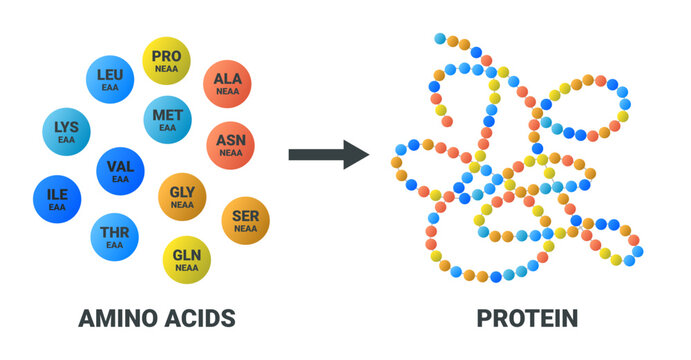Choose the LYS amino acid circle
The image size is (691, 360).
(x=66, y=133)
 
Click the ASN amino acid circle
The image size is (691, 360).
(x=230, y=146)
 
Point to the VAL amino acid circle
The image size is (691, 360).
(x=120, y=171)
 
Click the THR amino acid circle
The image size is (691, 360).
(x=115, y=237)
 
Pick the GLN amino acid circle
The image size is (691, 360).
(x=187, y=260)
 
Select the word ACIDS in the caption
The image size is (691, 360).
(x=200, y=319)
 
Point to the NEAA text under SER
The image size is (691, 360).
(x=244, y=229)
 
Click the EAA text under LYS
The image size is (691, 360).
(x=66, y=141)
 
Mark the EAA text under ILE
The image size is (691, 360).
(x=57, y=207)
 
